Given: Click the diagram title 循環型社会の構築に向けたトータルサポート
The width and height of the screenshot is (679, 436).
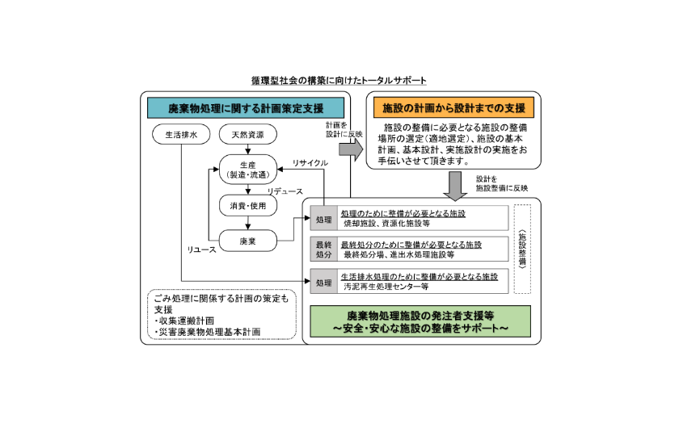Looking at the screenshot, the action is [339, 81].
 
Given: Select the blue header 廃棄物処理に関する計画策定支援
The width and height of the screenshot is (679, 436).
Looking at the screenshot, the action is [246, 107].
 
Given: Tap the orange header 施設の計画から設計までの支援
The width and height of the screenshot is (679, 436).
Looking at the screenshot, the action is [453, 107].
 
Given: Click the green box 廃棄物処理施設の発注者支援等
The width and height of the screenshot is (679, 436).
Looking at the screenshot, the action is [420, 321].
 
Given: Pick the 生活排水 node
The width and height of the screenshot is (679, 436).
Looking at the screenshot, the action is [181, 135].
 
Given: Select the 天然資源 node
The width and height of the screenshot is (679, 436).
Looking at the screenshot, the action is [247, 135].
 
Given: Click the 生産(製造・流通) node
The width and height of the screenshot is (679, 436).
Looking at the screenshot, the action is [247, 170].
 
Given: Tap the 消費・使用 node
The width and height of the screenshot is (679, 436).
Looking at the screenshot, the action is [247, 205].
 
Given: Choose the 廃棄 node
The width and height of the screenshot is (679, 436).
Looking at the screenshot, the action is [247, 241].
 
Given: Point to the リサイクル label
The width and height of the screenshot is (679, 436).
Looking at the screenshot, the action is [310, 163].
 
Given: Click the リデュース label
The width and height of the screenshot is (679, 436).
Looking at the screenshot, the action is [285, 191].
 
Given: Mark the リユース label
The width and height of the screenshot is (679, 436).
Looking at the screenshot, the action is [201, 249].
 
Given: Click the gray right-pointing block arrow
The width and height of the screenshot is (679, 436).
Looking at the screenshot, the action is [351, 149].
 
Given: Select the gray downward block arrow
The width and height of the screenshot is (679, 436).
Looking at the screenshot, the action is [455, 186].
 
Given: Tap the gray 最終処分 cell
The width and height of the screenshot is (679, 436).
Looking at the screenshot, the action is [323, 249].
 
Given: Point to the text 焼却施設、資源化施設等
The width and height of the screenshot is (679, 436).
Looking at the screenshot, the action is [386, 224].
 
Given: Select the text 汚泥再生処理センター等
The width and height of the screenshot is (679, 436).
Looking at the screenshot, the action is [386, 287].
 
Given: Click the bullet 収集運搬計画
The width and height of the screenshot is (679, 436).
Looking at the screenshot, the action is [184, 321].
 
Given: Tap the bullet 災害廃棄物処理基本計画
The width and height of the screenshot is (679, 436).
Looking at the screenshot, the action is [208, 332].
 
